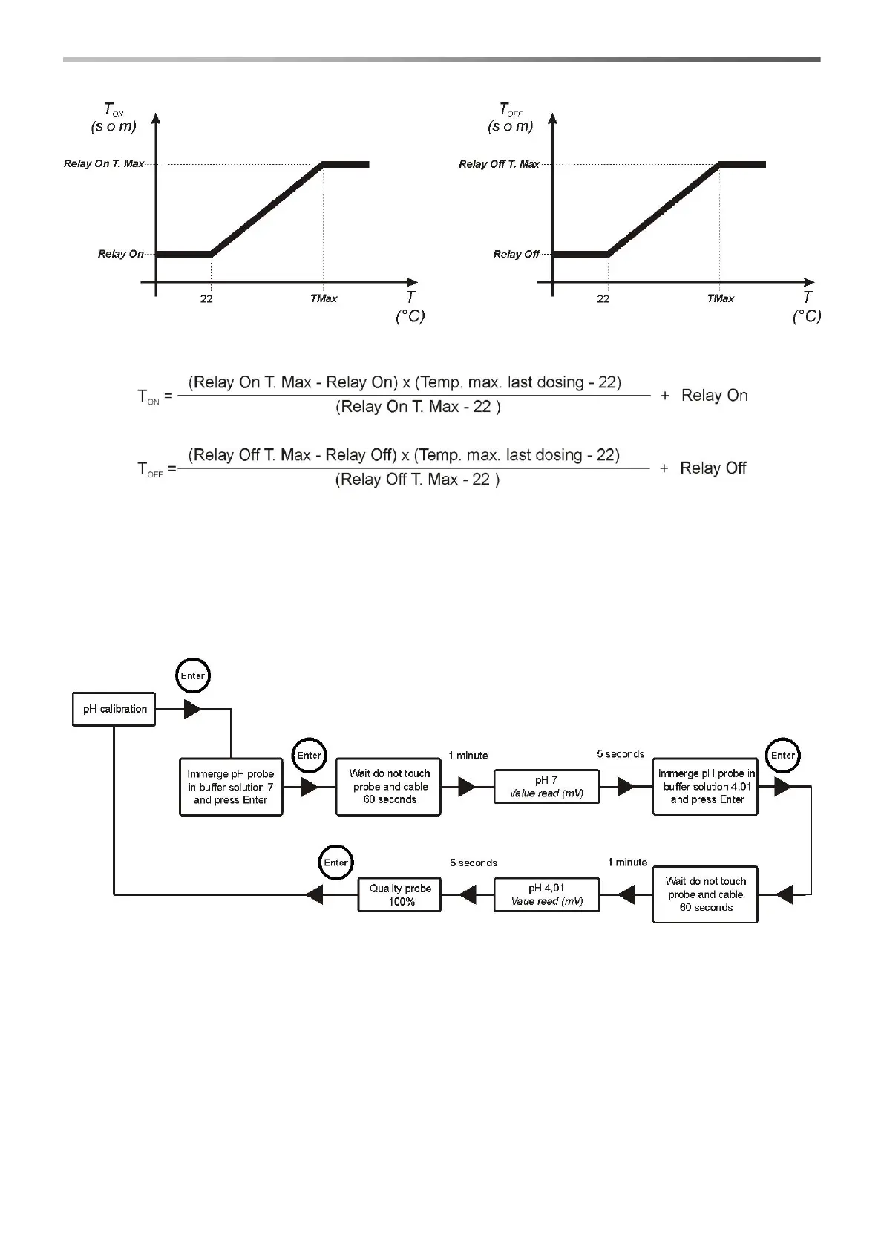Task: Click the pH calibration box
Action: tap(114, 709)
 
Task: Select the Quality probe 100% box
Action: tap(399, 894)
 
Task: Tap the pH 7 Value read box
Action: tap(546, 787)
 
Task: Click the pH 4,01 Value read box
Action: tap(546, 894)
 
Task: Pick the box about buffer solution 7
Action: tap(231, 787)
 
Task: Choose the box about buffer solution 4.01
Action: tap(705, 787)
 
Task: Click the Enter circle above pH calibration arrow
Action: tap(193, 675)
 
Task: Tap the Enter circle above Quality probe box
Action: tap(336, 863)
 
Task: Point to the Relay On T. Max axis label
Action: tap(104, 163)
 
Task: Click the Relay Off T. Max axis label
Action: tap(499, 164)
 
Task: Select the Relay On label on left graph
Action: tap(121, 254)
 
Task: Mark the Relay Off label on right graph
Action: tap(517, 255)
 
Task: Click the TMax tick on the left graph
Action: tap(324, 298)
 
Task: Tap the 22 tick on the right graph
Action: tap(603, 298)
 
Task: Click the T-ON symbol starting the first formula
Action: tap(148, 397)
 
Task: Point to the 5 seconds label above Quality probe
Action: tap(474, 863)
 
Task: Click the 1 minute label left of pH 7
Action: tap(468, 756)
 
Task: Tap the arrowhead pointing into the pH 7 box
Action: tap(467, 787)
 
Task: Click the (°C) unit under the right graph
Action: tap(807, 316)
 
